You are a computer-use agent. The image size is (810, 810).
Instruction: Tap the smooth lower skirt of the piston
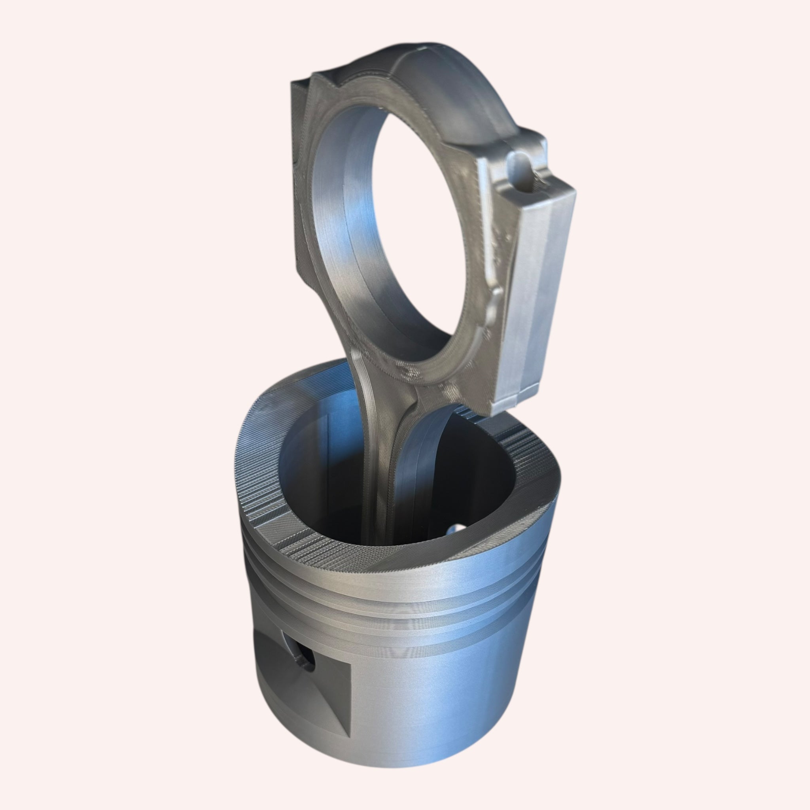(419, 713)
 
